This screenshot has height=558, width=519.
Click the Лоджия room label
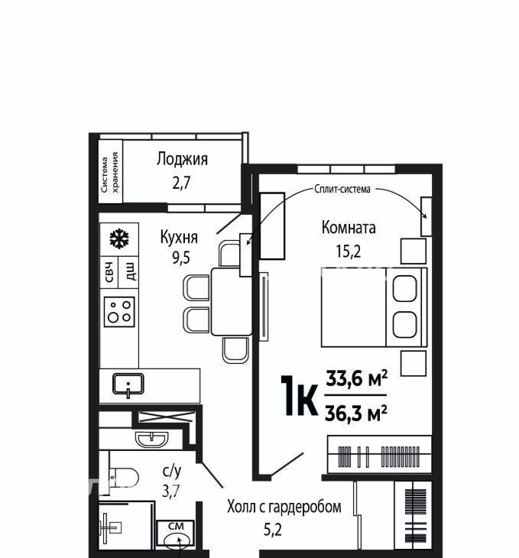(182, 159)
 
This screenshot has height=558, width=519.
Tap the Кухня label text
(179, 237)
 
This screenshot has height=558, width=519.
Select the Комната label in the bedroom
(349, 227)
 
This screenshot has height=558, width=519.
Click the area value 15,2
(349, 251)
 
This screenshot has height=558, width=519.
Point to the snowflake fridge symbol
(119, 238)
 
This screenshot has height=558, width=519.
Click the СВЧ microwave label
(109, 272)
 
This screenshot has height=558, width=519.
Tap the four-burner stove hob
(119, 312)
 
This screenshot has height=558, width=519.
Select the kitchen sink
(128, 384)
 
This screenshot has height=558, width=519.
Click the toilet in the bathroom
(123, 477)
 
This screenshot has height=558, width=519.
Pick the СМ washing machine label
(176, 527)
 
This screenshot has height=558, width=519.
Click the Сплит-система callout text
(342, 189)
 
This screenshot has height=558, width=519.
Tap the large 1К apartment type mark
(299, 395)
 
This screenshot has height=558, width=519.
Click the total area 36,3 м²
(355, 414)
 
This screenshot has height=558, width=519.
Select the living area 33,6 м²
(357, 378)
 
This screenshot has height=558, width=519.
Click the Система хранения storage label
(110, 172)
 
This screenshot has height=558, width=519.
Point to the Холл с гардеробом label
(284, 507)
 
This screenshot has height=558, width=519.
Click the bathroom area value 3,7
(171, 491)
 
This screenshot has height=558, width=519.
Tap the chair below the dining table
(235, 350)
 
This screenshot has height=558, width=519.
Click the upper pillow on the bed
(405, 288)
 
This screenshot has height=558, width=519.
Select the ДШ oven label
(131, 271)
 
